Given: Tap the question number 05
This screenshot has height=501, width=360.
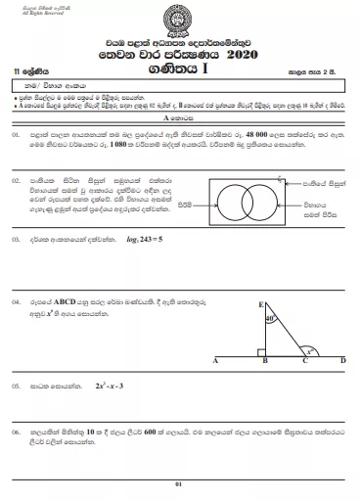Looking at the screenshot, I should click(17, 387).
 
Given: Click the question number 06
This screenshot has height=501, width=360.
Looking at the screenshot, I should click(17, 431).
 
